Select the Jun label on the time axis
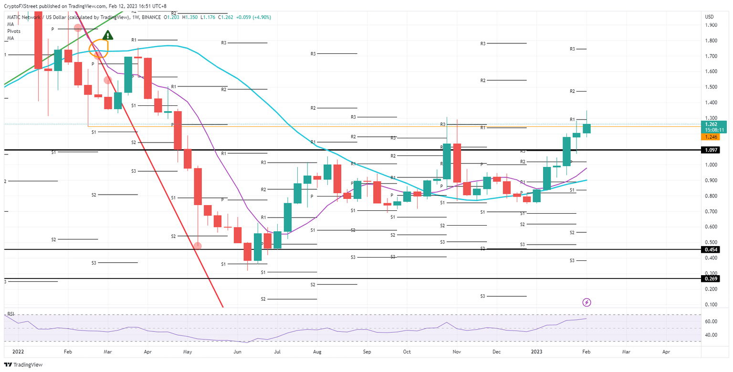pos(237,352)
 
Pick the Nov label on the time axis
pos(457,352)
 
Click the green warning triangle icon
pos(108,35)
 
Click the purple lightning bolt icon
pos(587,302)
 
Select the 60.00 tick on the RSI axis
pos(712,321)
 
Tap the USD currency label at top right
pos(709,17)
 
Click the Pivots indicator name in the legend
pos(13,31)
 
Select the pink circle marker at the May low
pos(198,246)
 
